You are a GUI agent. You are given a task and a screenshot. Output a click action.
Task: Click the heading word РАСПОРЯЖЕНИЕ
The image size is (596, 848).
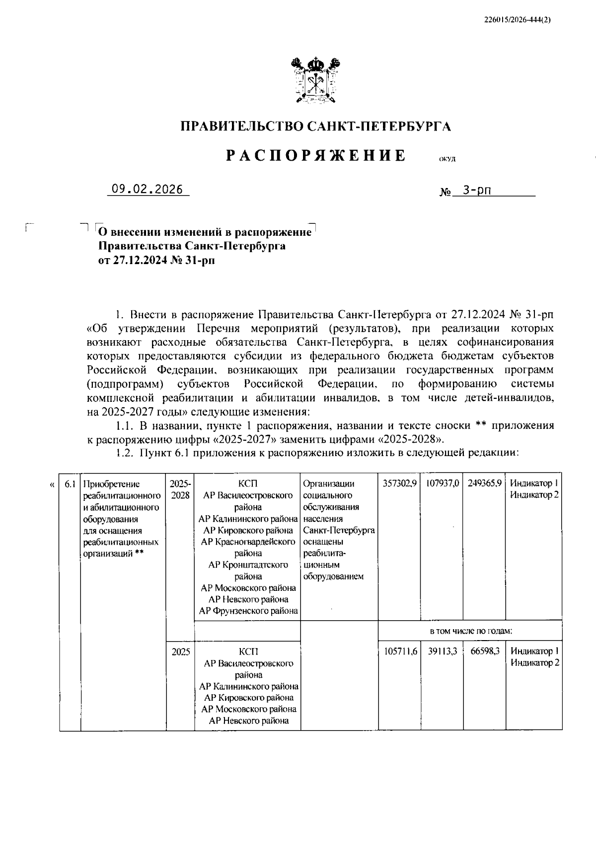[x=316, y=156]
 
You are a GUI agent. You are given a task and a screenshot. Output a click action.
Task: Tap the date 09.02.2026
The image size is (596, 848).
[x=147, y=189]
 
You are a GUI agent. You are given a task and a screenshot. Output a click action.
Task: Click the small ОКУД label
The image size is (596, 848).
[x=447, y=159]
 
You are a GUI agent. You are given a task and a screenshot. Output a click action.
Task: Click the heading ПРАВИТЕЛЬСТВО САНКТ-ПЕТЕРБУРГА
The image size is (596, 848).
[x=315, y=126]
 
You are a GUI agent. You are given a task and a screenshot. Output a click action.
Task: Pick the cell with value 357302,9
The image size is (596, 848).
[x=399, y=483]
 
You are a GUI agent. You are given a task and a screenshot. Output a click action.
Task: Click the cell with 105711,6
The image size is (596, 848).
[x=399, y=651]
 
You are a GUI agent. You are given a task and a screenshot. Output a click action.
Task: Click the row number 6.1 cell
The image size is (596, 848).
[x=70, y=483]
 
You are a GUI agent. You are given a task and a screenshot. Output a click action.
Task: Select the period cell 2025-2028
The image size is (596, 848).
[x=180, y=489]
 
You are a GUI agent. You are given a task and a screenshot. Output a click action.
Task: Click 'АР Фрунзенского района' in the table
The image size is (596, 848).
[x=248, y=611]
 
